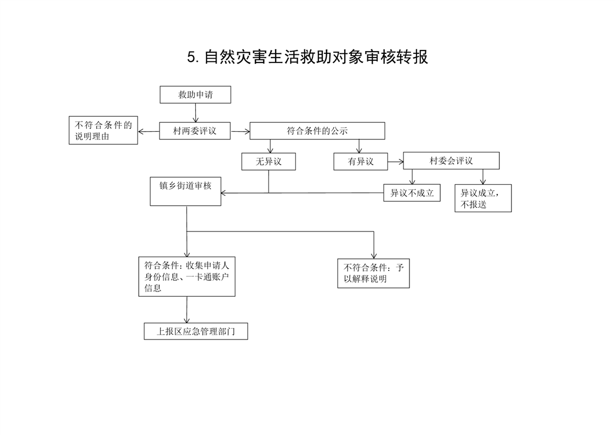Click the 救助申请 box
(195, 94)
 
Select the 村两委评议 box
(195, 131)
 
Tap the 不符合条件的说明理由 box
(103, 131)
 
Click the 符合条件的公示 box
(317, 131)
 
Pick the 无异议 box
(269, 161)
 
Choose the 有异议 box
(361, 161)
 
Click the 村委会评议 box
(452, 161)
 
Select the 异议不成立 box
(412, 193)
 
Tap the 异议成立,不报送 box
(483, 198)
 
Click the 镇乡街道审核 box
(185, 191)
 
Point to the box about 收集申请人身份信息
(187, 276)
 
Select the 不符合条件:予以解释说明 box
(373, 273)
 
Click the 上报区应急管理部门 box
(196, 331)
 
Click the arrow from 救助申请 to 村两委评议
(196, 113)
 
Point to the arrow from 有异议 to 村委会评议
(396, 161)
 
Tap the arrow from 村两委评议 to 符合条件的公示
(240, 131)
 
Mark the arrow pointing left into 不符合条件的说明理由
(149, 132)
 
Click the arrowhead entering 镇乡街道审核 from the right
(224, 193)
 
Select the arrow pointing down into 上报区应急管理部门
(187, 310)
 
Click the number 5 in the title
(191, 57)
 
